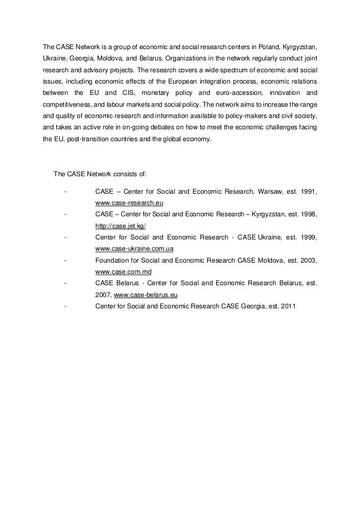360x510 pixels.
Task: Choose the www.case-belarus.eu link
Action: pos(146,294)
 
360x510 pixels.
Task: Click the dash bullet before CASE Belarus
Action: pos(67,283)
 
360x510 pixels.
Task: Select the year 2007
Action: pos(104,294)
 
